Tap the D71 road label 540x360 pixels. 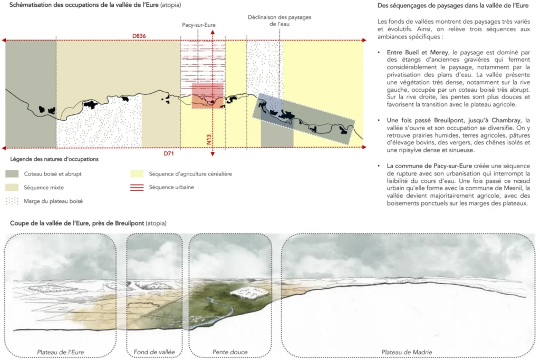169,154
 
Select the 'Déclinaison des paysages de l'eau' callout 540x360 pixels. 279,21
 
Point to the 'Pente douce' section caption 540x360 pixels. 230,352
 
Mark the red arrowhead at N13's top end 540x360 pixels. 212,32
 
